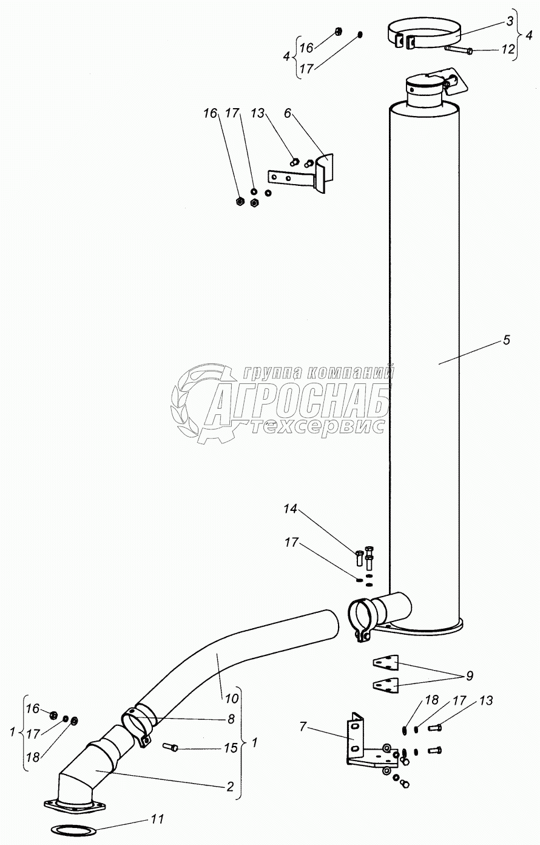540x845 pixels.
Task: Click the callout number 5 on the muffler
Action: [x=506, y=340]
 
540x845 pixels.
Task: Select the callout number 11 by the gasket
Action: [x=157, y=819]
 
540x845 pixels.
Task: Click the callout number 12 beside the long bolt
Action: [x=507, y=50]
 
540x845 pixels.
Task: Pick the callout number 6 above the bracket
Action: [x=288, y=114]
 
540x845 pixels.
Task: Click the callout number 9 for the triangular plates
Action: [x=470, y=676]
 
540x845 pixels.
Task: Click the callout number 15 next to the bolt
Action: [x=231, y=748]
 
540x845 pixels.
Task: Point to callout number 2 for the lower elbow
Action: [x=230, y=787]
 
